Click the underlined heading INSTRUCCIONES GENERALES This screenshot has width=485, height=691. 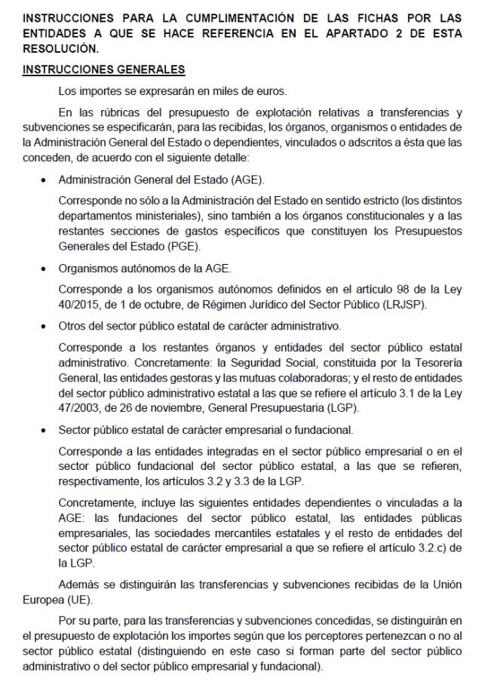[x=104, y=69]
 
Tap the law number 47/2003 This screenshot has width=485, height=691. [x=81, y=409]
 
